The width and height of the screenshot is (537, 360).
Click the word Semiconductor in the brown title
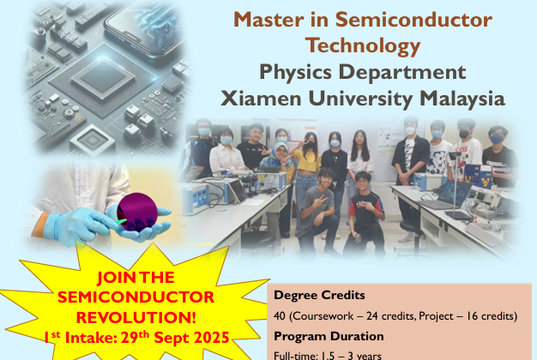point(413,20)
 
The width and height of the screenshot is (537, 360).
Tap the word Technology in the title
point(363,46)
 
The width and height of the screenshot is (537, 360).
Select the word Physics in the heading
point(295,73)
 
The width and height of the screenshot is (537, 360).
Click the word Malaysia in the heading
point(462,99)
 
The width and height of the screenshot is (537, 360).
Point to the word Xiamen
point(261,99)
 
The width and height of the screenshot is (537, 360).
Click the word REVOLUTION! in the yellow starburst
point(136,317)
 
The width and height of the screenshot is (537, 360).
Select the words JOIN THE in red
point(136,277)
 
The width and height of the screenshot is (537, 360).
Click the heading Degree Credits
point(319,295)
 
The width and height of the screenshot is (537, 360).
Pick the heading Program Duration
point(329,336)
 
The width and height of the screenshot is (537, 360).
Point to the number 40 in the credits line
point(280,315)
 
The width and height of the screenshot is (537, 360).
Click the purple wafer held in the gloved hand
point(137,212)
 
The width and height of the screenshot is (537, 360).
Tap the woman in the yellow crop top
point(306,171)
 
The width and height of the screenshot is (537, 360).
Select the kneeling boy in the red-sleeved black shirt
point(365,214)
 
